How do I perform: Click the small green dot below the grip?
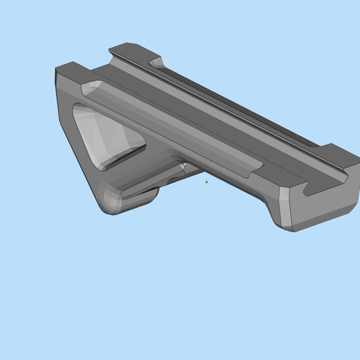[207, 182]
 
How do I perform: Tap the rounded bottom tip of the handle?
[111, 203]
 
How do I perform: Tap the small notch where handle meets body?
[183, 168]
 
